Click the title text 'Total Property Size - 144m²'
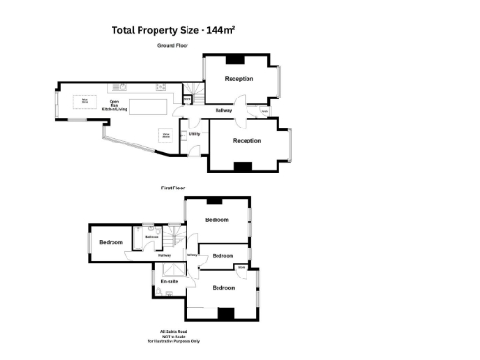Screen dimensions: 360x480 [x=173, y=30]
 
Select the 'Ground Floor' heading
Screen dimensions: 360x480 [x=173, y=45]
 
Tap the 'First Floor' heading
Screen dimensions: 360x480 [x=173, y=187]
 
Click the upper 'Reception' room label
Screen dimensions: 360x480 [x=238, y=79]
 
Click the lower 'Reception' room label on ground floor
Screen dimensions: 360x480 [x=247, y=141]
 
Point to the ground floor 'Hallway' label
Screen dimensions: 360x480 [x=223, y=111]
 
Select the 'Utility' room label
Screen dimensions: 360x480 [x=194, y=134]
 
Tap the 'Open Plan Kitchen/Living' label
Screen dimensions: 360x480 [x=115, y=106]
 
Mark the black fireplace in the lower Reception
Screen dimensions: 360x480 [x=243, y=166]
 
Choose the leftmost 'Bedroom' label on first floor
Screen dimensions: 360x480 [x=111, y=242]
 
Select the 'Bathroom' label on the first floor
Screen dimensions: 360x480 [x=153, y=237]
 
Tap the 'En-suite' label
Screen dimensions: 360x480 [x=170, y=281]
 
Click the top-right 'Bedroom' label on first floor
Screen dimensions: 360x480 [x=217, y=219]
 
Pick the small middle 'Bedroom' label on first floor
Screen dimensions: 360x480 [x=223, y=255]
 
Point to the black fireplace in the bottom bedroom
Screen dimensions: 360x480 [x=224, y=313]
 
